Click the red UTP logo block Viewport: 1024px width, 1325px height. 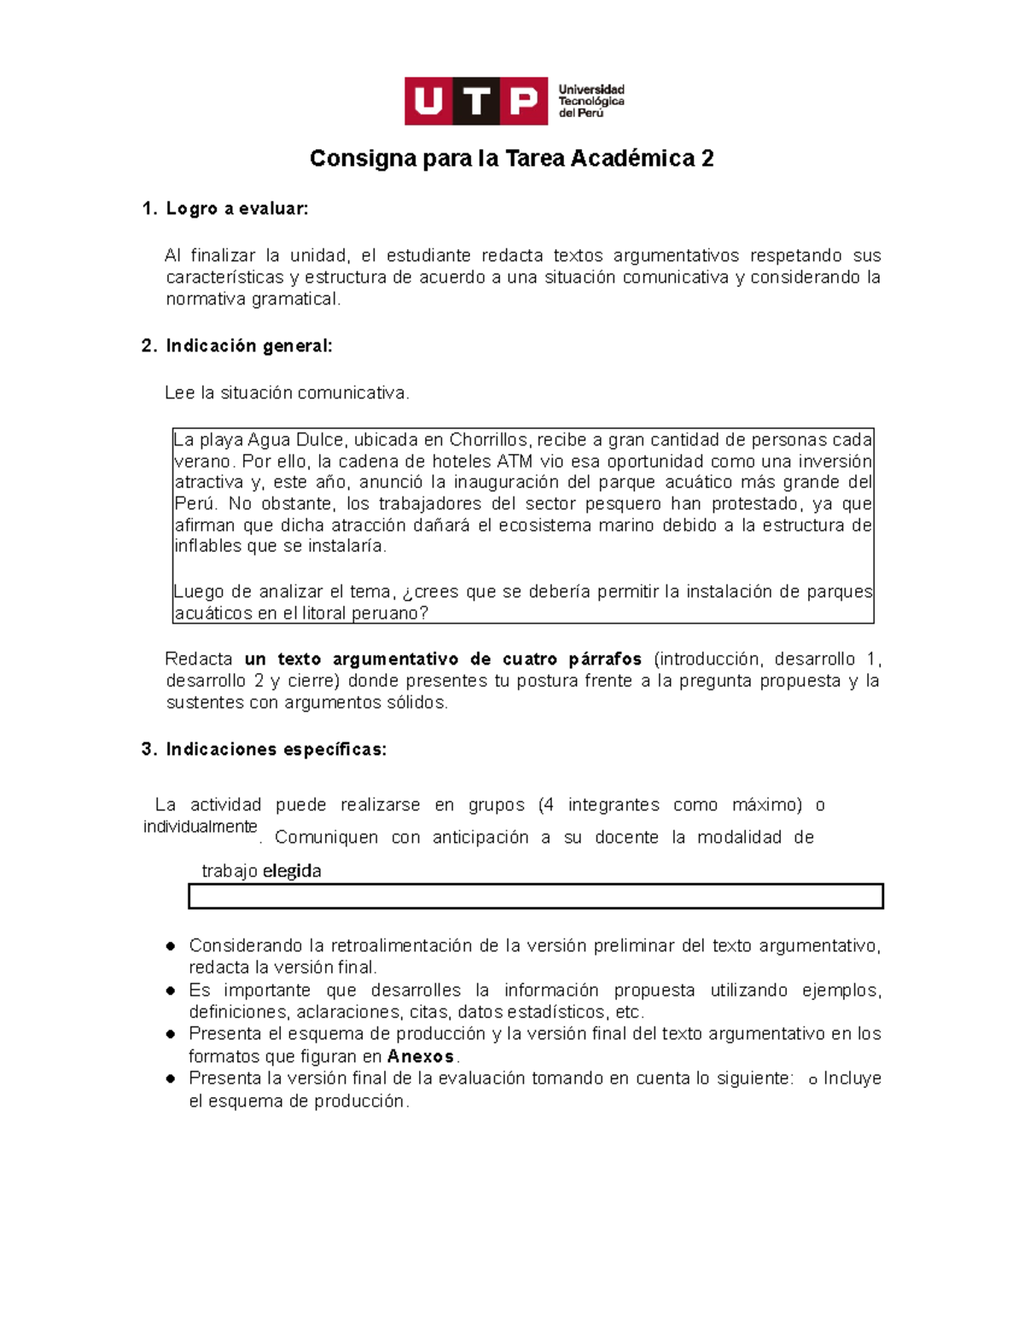[x=475, y=102]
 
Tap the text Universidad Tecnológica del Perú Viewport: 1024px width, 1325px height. [x=591, y=102]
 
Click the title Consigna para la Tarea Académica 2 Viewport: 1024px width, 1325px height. [x=511, y=159]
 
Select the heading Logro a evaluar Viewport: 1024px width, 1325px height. [x=236, y=209]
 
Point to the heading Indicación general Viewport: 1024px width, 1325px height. [x=248, y=346]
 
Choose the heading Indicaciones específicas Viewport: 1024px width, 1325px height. [x=276, y=749]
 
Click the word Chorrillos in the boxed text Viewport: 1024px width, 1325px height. [x=488, y=440]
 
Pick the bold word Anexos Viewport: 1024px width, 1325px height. [x=421, y=1056]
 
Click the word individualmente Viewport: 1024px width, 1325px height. [x=200, y=827]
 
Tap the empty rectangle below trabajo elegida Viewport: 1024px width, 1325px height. [x=535, y=896]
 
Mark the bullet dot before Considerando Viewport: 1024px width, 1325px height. [x=171, y=946]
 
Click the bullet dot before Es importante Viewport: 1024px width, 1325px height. [x=171, y=991]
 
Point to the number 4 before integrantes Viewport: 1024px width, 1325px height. [x=548, y=805]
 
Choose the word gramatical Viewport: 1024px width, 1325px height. [x=295, y=299]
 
